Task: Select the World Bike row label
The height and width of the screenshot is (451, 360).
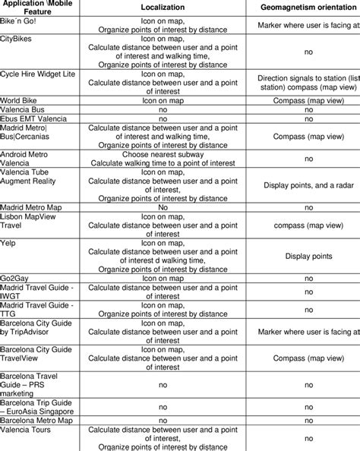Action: [22, 99]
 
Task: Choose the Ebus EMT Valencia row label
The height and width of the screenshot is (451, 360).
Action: [33, 119]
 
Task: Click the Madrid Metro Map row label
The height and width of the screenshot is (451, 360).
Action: [36, 207]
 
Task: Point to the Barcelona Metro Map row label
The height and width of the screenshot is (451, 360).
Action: [37, 418]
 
